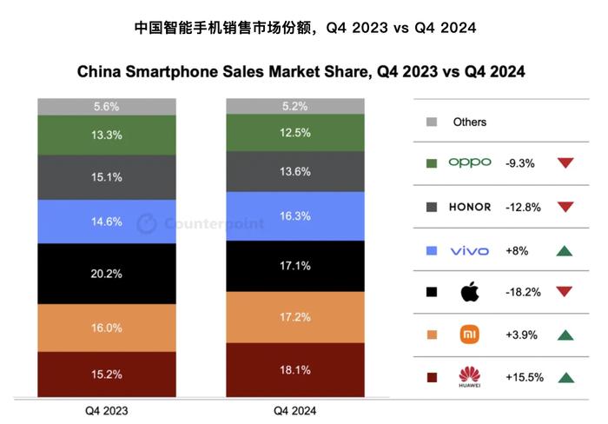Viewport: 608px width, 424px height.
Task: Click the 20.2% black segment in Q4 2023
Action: (107, 273)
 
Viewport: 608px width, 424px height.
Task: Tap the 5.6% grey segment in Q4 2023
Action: (107, 106)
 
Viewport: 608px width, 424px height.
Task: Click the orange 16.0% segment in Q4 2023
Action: (107, 328)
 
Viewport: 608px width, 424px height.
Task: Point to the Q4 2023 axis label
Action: (107, 410)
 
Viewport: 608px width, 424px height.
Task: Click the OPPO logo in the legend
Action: (470, 162)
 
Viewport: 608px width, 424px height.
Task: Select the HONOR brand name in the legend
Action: (470, 207)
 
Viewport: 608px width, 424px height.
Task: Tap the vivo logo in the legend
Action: (470, 251)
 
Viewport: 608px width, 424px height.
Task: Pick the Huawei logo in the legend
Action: (470, 377)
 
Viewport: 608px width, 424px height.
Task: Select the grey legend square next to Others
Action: (432, 123)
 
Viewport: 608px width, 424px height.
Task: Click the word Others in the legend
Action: (470, 123)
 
